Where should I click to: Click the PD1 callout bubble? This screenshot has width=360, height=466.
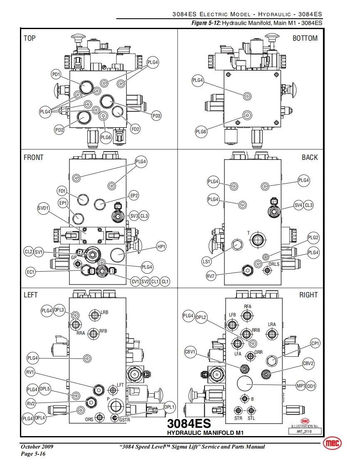56,74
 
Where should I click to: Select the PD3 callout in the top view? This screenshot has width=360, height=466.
156,116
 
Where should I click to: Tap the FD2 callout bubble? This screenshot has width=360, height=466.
135,129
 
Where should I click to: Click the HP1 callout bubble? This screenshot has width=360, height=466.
161,247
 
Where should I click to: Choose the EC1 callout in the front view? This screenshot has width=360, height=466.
31,272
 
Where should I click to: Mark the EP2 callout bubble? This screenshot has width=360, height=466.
134,195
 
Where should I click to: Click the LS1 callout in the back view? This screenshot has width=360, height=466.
206,262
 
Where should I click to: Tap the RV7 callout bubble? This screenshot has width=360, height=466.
211,276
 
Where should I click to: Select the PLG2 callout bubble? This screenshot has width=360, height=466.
313,238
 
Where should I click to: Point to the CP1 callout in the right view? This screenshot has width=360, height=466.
316,343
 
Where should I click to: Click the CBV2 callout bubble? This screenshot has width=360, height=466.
308,364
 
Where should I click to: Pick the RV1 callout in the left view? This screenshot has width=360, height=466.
30,372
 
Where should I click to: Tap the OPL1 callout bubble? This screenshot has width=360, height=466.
170,407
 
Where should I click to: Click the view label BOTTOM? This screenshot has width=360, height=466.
305,38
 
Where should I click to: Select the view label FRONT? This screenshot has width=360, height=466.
34,157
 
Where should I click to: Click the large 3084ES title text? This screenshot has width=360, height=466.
189,424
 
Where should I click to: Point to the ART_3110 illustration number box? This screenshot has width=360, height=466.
305,432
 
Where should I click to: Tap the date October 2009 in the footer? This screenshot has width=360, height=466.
37,447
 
